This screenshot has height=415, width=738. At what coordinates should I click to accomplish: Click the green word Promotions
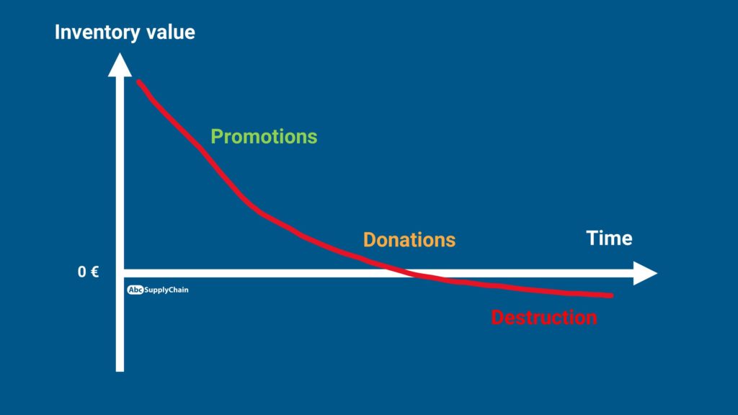tap(264, 137)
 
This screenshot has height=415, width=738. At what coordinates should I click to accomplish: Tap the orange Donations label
tap(409, 240)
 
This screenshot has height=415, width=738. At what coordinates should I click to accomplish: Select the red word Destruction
tap(544, 318)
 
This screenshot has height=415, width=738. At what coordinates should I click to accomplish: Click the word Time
tap(609, 238)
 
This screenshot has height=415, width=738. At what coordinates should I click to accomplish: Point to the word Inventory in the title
tap(97, 32)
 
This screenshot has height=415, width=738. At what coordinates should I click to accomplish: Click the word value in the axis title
tap(171, 32)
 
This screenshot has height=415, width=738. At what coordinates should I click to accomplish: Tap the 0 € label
tap(88, 272)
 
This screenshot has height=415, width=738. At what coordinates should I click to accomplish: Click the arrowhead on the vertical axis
tap(120, 64)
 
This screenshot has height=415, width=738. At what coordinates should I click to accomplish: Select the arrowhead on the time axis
tap(645, 273)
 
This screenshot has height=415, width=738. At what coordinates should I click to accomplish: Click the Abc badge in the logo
tap(135, 290)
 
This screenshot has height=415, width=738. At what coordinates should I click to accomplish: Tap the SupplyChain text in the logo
tap(166, 290)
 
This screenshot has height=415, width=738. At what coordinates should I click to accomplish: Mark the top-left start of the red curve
tap(138, 81)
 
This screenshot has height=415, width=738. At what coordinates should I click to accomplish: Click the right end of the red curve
tap(612, 295)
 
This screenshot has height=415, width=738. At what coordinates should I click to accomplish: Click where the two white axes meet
tap(120, 273)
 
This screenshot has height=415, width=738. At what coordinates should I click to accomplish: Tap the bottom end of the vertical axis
tap(120, 371)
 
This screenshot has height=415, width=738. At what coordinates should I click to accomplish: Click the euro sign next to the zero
tap(94, 272)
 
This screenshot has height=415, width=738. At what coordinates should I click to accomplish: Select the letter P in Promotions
tap(216, 136)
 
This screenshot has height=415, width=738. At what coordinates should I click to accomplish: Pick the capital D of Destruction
tap(497, 318)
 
